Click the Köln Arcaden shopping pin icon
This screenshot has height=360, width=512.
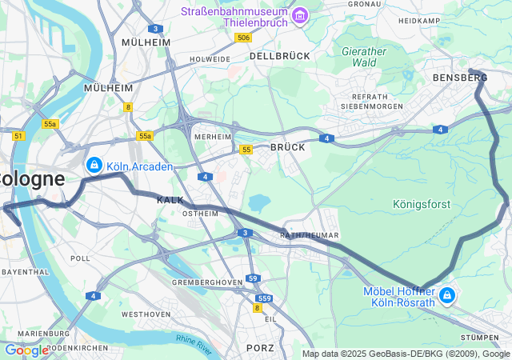(94, 165)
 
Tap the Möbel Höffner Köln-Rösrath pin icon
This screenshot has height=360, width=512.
(446, 296)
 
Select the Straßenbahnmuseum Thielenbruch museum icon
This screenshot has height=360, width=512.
(300, 15)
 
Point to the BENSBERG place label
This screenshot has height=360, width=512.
(459, 78)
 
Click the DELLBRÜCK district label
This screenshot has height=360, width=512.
(279, 57)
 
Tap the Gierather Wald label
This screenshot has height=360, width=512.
(364, 56)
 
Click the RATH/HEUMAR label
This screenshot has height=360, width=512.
(310, 235)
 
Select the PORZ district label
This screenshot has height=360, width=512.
(260, 347)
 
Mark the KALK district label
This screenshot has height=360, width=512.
(170, 200)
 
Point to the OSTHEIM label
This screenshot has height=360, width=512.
(201, 214)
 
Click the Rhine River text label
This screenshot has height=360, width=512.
(194, 342)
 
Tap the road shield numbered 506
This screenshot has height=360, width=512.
(244, 38)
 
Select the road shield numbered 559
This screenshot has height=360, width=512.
(265, 298)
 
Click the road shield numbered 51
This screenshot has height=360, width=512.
(18, 136)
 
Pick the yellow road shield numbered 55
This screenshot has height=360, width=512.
(246, 150)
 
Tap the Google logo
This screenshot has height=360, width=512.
(26, 350)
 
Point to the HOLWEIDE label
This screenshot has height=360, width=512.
(210, 59)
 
